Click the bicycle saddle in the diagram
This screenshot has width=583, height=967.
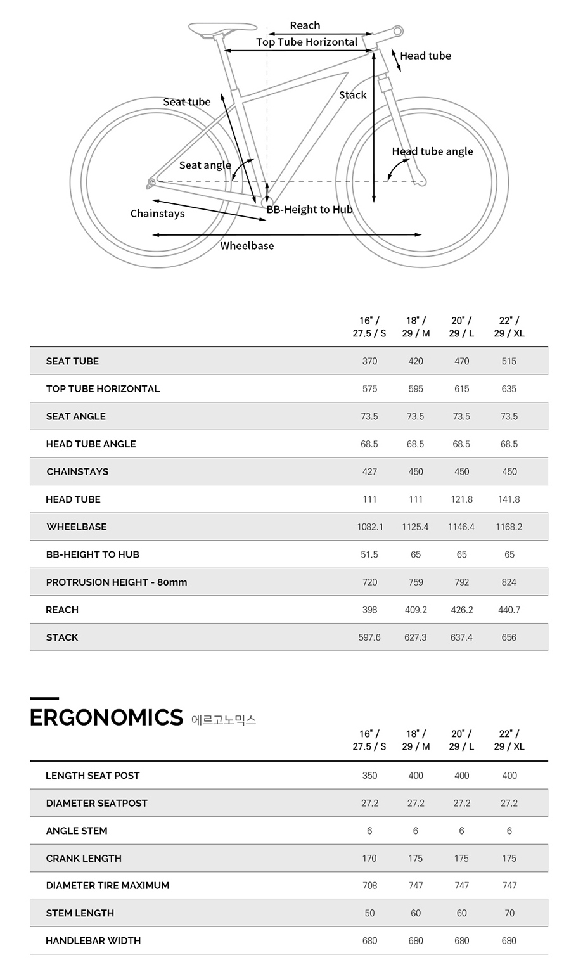222,29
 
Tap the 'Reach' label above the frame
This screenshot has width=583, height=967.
305,25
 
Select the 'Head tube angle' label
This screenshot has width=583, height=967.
432,151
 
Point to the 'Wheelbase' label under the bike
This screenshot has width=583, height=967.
247,246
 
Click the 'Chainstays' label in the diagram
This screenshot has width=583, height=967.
157,214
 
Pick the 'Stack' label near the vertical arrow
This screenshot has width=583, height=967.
352,95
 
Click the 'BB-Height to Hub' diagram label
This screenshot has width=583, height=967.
309,210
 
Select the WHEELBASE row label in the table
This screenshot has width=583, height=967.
76,527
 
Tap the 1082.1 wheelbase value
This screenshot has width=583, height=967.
370,527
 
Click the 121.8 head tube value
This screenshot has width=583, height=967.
461,499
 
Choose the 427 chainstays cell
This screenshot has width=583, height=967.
369,471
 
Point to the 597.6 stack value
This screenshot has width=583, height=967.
369,637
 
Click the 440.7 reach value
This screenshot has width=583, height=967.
509,610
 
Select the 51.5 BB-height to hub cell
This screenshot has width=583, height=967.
369,554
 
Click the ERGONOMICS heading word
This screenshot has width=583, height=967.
106,717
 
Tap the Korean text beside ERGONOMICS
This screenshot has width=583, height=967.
223,720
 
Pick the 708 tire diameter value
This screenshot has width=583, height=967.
369,885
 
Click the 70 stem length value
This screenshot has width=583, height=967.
509,913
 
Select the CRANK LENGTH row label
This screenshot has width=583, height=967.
84,858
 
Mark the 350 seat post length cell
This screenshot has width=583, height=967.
369,776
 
